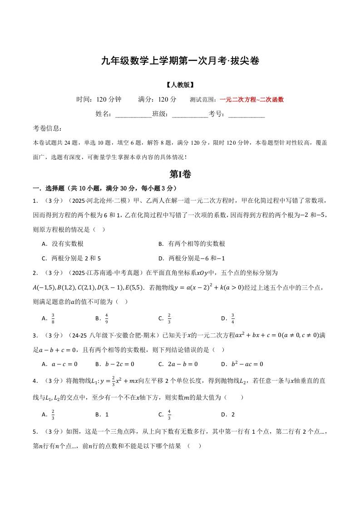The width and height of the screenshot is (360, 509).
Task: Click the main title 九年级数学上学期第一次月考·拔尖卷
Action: click(x=180, y=61)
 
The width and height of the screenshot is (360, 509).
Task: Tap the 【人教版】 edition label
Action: click(x=180, y=85)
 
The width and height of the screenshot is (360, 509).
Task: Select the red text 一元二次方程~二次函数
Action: click(x=252, y=100)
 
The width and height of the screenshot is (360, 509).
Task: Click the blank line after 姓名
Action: click(x=133, y=114)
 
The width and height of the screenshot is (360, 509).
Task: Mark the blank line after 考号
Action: click(x=247, y=114)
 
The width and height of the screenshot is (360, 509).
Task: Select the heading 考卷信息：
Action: click(x=48, y=129)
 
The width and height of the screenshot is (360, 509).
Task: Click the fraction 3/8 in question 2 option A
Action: click(x=53, y=318)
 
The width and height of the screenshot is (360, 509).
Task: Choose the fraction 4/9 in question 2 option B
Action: click(x=106, y=318)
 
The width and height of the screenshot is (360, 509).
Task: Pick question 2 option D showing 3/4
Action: click(x=232, y=318)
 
